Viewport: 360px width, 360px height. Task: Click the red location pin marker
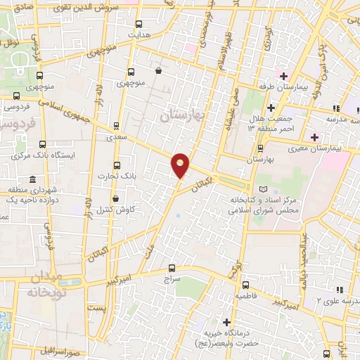[181, 164]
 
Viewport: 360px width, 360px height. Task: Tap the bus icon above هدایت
[137, 23]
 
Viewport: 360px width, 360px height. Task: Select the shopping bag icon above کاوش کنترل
[114, 199]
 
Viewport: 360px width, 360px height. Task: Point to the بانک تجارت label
[111, 176]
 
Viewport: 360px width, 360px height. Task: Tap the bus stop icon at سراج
[172, 268]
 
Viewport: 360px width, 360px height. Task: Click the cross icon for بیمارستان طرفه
[283, 76]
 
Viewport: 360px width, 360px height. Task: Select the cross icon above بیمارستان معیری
[314, 137]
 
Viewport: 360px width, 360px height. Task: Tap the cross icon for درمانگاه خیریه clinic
[227, 322]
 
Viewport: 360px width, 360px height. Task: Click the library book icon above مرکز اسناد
[264, 189]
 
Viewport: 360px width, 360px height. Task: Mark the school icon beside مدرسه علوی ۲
[339, 290]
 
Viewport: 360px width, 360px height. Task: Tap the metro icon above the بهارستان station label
[261, 149]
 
